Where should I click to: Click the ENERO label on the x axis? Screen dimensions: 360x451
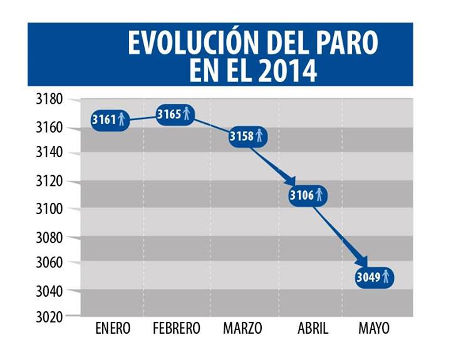click(113, 328)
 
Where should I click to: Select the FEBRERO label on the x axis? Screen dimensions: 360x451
click(177, 328)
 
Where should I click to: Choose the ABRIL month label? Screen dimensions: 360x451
click(310, 328)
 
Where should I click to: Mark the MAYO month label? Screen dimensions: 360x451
click(374, 328)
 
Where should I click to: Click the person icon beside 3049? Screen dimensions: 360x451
click(386, 276)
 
